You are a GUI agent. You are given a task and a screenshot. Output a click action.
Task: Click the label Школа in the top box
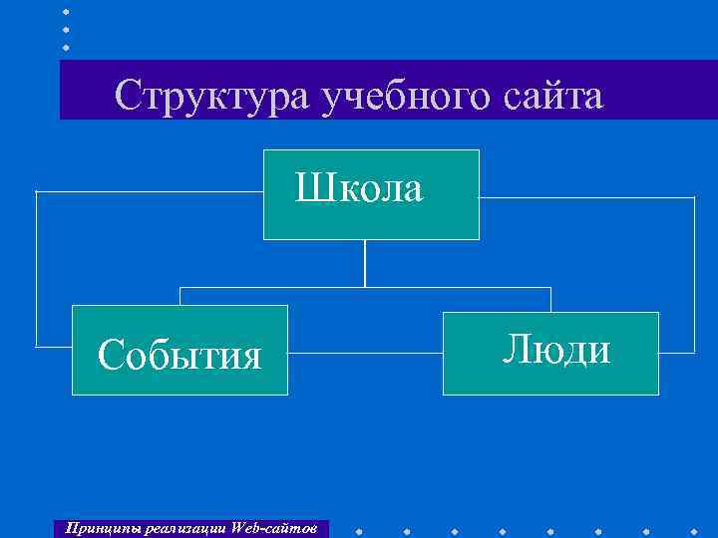click(x=359, y=187)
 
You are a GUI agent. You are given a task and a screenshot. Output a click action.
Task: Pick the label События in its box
click(x=179, y=354)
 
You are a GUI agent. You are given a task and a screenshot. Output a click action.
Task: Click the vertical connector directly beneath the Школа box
click(x=365, y=263)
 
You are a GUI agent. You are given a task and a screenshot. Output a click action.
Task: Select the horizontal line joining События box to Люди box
click(x=365, y=288)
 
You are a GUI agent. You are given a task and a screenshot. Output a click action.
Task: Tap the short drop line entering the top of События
click(x=179, y=296)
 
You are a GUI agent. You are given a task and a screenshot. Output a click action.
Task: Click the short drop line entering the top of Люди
click(x=550, y=299)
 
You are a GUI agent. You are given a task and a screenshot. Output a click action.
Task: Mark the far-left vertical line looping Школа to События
click(x=36, y=269)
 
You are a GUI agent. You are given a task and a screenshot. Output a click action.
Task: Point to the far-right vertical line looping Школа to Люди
click(x=694, y=275)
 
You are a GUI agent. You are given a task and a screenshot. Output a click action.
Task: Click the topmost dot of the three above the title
click(x=66, y=12)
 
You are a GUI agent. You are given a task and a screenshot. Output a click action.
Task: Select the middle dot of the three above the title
click(x=66, y=30)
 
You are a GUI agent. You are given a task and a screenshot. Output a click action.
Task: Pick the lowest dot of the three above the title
click(x=66, y=47)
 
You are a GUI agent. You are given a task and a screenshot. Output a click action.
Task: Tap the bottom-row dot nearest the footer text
click(x=358, y=531)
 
